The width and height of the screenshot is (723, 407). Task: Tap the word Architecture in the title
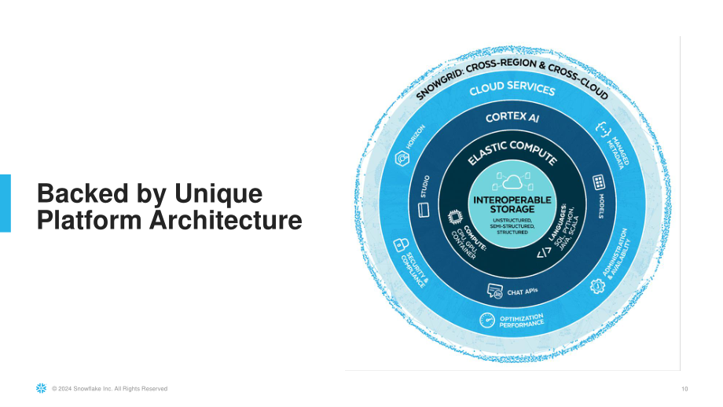pyautogui.click(x=226, y=220)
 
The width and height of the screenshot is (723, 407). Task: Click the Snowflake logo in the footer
pyautogui.click(x=42, y=388)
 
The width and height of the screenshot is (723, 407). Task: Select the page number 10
pyautogui.click(x=684, y=389)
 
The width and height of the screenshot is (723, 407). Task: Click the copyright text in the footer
pyautogui.click(x=109, y=389)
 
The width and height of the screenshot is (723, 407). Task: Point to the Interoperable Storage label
pyautogui.click(x=512, y=204)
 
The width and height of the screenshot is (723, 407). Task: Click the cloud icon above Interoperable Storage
pyautogui.click(x=512, y=181)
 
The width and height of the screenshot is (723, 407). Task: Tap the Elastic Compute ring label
pyautogui.click(x=512, y=152)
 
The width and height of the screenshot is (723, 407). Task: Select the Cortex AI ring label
pyautogui.click(x=512, y=117)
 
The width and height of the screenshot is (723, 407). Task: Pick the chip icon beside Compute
pyautogui.click(x=455, y=216)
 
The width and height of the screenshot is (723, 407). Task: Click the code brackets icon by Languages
pyautogui.click(x=544, y=252)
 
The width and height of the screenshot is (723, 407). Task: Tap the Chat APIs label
pyautogui.click(x=523, y=291)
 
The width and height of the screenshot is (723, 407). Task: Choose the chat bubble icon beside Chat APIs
pyautogui.click(x=495, y=291)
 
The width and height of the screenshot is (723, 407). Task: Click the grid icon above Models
pyautogui.click(x=599, y=182)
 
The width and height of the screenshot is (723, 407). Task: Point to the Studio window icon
pyautogui.click(x=424, y=211)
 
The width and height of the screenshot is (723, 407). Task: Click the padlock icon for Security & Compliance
pyautogui.click(x=401, y=245)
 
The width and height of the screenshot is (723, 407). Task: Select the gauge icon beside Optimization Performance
pyautogui.click(x=487, y=320)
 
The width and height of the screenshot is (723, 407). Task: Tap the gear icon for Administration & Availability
pyautogui.click(x=597, y=286)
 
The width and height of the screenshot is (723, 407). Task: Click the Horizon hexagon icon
pyautogui.click(x=402, y=159)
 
